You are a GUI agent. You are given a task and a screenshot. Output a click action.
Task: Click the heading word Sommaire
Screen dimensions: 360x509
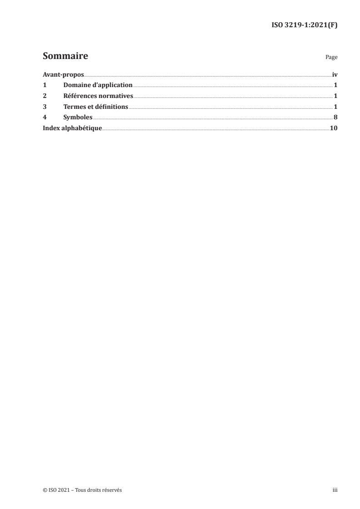pyautogui.click(x=65, y=57)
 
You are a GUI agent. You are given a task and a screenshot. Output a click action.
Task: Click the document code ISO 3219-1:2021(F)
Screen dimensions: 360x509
pyautogui.click(x=303, y=25)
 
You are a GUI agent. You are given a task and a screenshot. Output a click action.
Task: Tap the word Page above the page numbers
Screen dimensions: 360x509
pyautogui.click(x=331, y=58)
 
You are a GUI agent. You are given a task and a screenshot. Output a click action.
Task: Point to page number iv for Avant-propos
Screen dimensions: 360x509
pyautogui.click(x=335, y=74)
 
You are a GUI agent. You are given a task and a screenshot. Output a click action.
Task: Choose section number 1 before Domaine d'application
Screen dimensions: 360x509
pyautogui.click(x=44, y=85)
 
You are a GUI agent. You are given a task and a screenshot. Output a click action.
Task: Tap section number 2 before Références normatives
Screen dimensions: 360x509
pyautogui.click(x=44, y=96)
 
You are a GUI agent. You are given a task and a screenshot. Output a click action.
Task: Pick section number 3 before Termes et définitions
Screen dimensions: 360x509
pyautogui.click(x=44, y=107)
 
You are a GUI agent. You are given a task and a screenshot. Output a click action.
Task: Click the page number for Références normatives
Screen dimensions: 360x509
pyautogui.click(x=335, y=96)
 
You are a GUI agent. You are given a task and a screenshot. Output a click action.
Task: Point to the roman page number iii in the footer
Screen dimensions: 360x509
pyautogui.click(x=335, y=490)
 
